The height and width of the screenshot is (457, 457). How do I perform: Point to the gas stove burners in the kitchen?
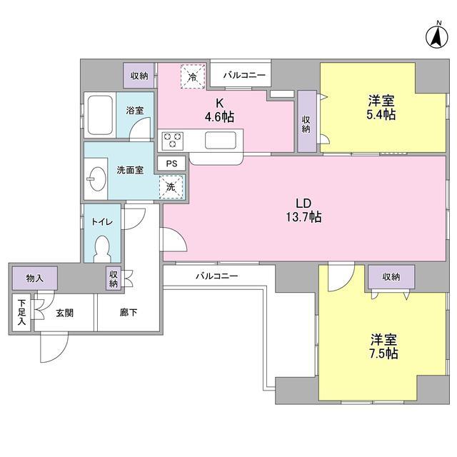pyautogui.click(x=173, y=140)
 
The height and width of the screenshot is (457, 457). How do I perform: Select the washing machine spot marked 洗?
pyautogui.click(x=171, y=186)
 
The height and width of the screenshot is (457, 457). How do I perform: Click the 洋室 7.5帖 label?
pyautogui.click(x=383, y=346)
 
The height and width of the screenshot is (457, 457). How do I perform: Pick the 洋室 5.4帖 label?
pyautogui.click(x=382, y=108)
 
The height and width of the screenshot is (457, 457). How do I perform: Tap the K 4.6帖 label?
pyautogui.click(x=217, y=109)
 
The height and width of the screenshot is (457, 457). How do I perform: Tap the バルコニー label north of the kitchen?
pyautogui.click(x=243, y=74)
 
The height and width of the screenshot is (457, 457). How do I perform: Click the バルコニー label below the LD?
pyautogui.click(x=216, y=275)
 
